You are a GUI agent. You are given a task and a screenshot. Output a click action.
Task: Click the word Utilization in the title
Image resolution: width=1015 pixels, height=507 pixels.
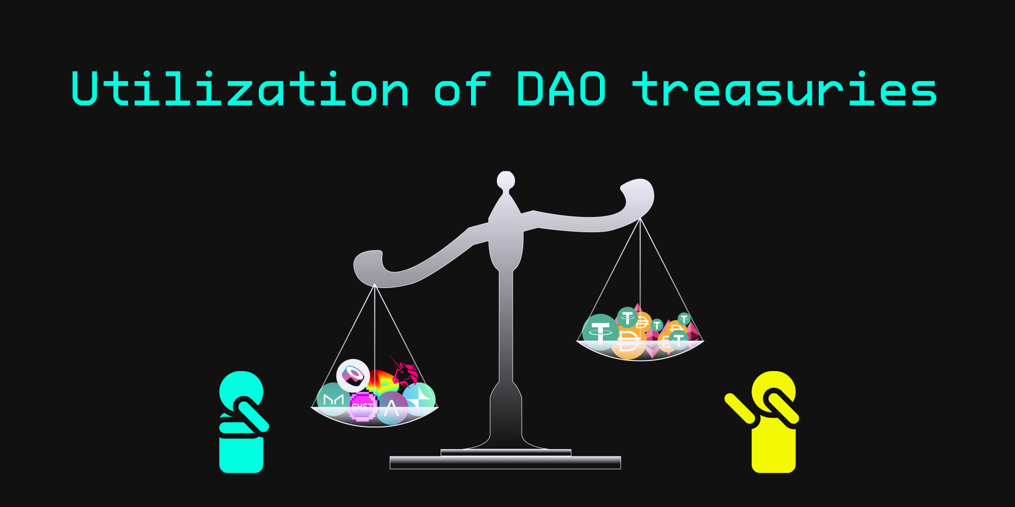240,89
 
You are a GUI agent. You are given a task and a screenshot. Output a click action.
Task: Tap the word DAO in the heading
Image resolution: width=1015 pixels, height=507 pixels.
561,89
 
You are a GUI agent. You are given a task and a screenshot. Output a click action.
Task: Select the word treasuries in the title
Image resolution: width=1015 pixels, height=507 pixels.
785,89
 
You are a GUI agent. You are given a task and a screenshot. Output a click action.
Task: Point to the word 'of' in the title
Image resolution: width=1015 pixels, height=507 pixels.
462,89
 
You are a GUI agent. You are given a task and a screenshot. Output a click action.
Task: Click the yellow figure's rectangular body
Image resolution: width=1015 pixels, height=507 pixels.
773,449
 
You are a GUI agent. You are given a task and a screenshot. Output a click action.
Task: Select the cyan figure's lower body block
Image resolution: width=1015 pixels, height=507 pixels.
241,455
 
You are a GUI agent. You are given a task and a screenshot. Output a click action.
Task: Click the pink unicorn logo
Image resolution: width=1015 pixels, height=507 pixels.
404,372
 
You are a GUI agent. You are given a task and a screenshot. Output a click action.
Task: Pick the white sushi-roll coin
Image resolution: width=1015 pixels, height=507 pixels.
353,376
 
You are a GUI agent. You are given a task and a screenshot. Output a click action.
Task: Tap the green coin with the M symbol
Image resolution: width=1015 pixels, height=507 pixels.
333,400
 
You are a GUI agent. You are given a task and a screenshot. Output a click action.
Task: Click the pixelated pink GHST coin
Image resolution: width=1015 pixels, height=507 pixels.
362,407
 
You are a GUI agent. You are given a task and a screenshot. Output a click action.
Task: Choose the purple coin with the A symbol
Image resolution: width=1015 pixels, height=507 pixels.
391,408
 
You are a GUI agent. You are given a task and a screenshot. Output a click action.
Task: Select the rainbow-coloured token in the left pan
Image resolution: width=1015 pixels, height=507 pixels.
382,383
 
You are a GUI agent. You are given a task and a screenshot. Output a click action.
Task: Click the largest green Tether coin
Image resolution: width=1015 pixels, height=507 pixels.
600,333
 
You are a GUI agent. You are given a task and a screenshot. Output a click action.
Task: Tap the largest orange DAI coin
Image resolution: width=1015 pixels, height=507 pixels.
628,342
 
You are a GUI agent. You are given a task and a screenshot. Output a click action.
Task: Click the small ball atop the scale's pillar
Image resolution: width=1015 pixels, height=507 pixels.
506,180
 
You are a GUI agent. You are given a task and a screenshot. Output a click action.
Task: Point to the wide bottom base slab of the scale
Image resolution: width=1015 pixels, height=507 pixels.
505,462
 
